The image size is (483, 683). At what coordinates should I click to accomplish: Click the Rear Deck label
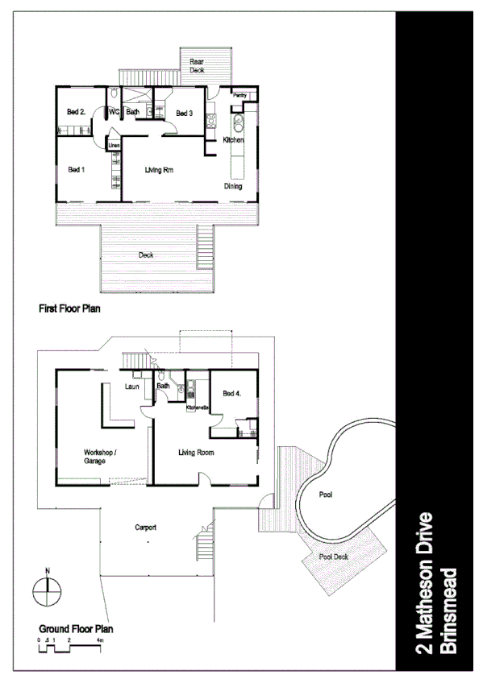[197, 66]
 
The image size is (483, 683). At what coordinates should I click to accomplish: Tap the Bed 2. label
[77, 112]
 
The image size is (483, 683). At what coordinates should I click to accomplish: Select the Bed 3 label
[184, 113]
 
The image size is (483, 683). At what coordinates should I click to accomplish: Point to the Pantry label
[239, 95]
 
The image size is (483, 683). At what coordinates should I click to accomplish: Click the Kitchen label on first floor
[233, 140]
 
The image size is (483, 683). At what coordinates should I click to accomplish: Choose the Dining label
[233, 186]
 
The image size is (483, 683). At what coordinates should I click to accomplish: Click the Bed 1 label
[77, 169]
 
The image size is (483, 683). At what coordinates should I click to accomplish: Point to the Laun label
[133, 387]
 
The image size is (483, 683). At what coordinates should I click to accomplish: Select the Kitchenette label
[198, 408]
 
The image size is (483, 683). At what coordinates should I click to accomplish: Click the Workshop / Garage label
[102, 457]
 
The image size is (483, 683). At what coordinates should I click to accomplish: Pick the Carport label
[145, 528]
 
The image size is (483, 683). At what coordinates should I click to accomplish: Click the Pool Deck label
[332, 556]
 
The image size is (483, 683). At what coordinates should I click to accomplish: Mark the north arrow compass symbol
[47, 594]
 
